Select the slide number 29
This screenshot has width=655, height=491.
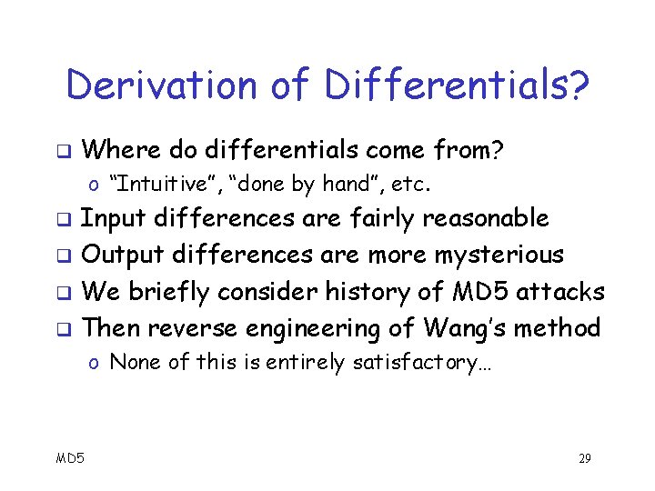click(x=584, y=458)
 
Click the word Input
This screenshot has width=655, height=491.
click(x=114, y=218)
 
